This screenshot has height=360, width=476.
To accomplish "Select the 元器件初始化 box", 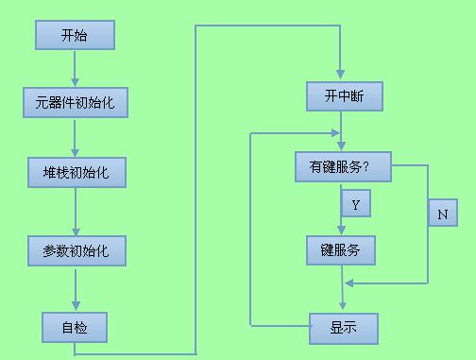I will tap(75, 101).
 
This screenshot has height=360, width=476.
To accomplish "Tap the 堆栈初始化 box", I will tap(75, 174).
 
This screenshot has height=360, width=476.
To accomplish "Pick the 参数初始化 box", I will tap(75, 251).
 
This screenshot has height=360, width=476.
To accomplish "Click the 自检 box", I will tap(75, 327).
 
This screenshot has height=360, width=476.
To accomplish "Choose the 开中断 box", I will tap(341, 95).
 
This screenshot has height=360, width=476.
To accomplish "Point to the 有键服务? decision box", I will tap(343, 166).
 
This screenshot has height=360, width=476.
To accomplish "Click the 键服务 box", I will tap(341, 249).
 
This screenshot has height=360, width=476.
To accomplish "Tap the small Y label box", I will tap(355, 203).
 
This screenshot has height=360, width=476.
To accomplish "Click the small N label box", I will tap(442, 214).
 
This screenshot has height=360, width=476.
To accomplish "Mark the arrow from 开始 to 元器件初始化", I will tap(75, 68).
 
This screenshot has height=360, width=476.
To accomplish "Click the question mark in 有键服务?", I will tap(365, 166).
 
